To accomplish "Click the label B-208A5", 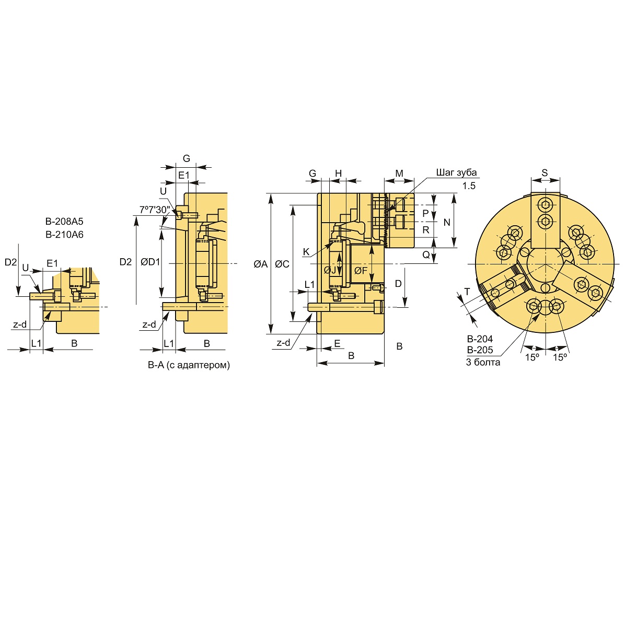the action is (x=64, y=221).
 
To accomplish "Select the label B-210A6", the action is (x=64, y=234).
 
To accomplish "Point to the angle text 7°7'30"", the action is (x=155, y=210).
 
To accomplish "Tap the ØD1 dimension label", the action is (x=151, y=262).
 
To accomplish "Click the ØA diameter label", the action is (x=261, y=264).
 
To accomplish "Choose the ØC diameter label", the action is (x=282, y=264).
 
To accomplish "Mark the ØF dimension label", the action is (x=361, y=271).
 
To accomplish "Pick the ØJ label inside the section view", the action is (x=330, y=270).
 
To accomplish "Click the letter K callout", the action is (x=306, y=252).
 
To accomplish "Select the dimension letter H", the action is (x=339, y=173).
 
